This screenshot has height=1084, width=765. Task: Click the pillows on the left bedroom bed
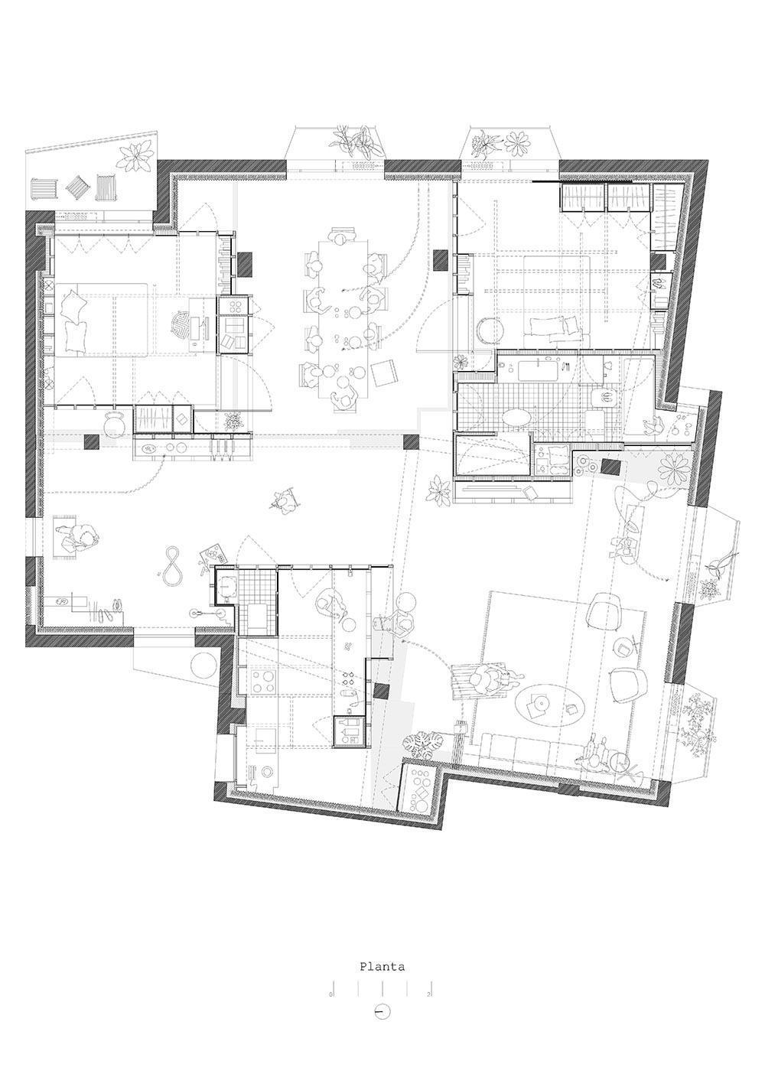coord(73,321)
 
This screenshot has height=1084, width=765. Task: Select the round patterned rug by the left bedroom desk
coord(181,326)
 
